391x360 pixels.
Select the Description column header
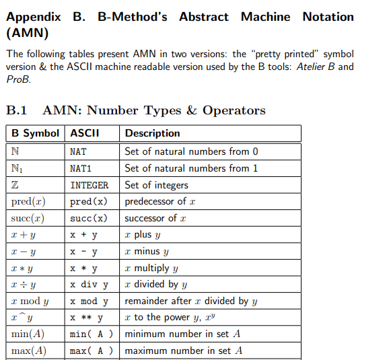point(152,133)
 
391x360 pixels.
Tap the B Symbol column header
point(36,133)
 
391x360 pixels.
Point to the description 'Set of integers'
point(157,185)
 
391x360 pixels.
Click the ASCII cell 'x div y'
point(89,285)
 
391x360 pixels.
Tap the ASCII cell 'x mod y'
point(89,301)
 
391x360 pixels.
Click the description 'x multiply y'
point(151,268)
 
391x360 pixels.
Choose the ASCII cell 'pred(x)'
point(88,202)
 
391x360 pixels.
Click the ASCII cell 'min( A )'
point(91,334)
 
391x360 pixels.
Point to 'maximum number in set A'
point(183,351)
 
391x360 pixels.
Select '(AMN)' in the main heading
point(26,32)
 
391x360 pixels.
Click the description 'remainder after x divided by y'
point(191,301)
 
